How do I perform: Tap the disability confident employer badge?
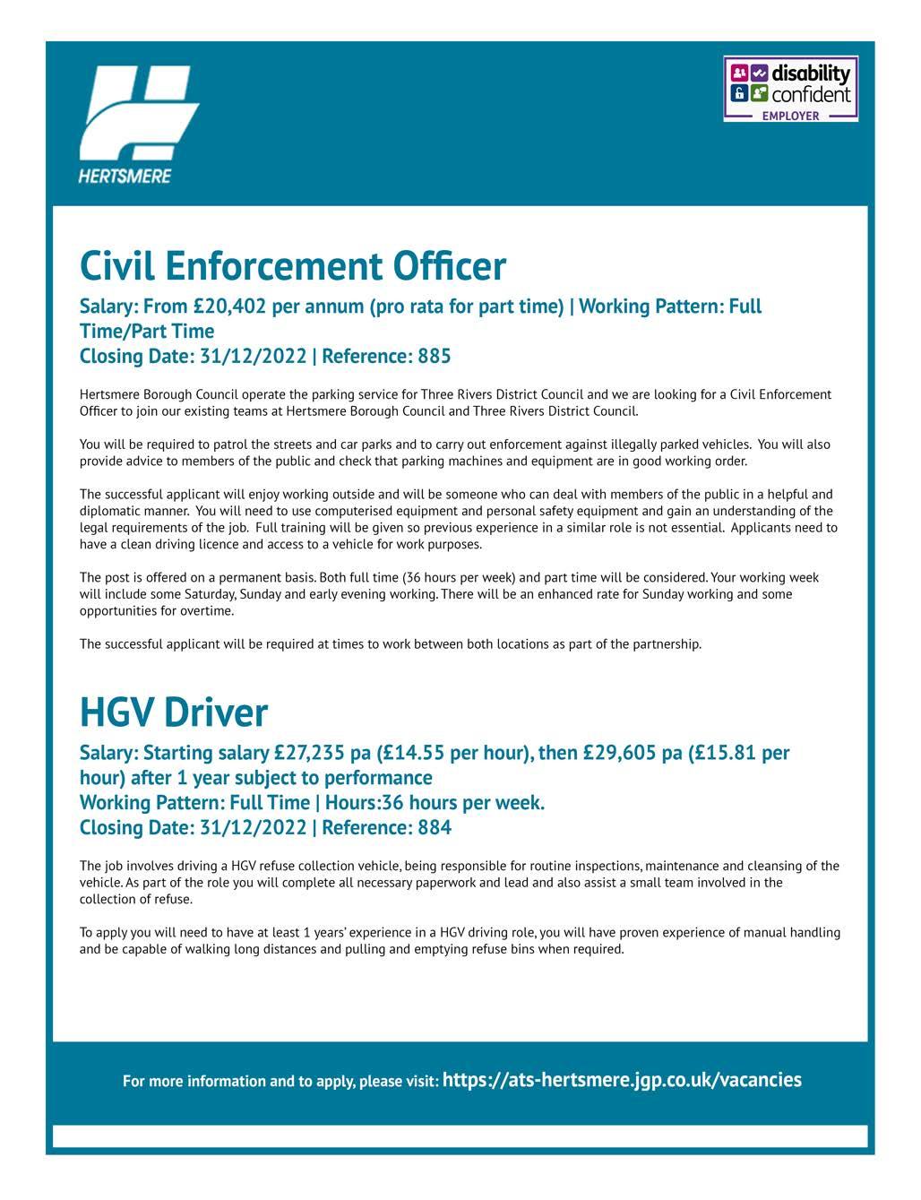click(790, 89)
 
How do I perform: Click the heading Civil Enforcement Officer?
click(293, 266)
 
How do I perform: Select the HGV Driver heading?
click(174, 712)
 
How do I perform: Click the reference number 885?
click(435, 357)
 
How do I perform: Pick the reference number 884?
click(435, 827)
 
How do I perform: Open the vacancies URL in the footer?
click(622, 1080)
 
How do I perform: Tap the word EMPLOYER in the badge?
click(790, 116)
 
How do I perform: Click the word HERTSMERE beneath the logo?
click(125, 176)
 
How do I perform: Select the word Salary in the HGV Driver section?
click(108, 753)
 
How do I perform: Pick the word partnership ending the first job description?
click(667, 644)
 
